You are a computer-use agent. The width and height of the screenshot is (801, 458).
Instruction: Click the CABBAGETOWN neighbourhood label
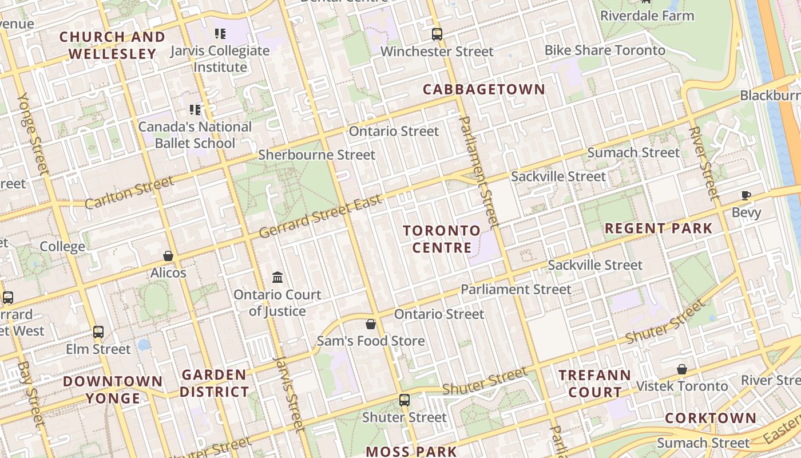tap(483, 89)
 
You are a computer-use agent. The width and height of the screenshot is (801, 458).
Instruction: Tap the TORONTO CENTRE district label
tap(442, 239)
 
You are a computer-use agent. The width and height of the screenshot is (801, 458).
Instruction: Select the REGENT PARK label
tap(659, 228)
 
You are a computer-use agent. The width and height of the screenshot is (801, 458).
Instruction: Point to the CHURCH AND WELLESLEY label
tap(112, 45)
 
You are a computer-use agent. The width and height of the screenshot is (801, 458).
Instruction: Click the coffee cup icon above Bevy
tap(746, 196)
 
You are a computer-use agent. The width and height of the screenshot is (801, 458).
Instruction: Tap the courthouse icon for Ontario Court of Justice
tap(277, 278)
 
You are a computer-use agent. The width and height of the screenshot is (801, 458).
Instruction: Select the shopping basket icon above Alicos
tap(168, 256)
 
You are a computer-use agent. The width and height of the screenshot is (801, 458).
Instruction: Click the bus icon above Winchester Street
tap(437, 34)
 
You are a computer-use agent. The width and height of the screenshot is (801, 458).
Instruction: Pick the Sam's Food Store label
tap(371, 341)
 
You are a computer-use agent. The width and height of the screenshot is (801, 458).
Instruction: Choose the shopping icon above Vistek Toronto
tap(681, 369)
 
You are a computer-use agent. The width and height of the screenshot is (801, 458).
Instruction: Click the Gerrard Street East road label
tap(320, 218)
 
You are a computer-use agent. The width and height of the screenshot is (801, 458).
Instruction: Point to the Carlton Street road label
tap(129, 193)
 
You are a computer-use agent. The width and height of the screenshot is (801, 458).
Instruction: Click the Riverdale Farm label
tap(647, 15)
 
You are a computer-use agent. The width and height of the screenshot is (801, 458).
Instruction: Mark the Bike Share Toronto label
tap(605, 50)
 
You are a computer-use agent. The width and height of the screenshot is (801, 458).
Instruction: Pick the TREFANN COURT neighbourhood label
tap(594, 384)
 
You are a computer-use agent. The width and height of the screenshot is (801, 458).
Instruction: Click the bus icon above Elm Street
tap(98, 332)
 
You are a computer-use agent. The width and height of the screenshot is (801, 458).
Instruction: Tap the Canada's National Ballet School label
tap(195, 135)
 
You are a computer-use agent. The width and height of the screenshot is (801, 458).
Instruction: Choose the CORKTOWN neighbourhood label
tap(710, 418)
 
